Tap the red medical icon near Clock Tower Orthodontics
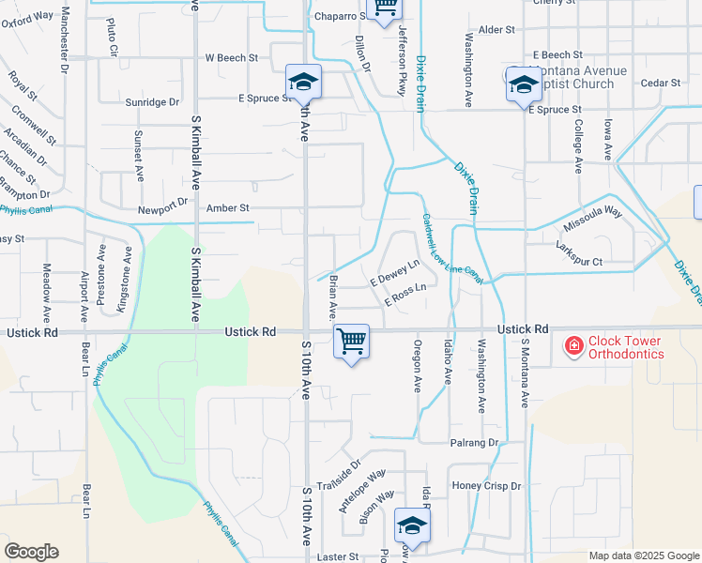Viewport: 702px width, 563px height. pos(572,347)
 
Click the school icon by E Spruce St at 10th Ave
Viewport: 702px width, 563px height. pos(303,83)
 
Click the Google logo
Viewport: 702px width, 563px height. pos(31,552)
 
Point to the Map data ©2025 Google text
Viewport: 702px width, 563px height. pos(644,555)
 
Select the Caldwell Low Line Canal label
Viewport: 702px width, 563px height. pos(451,249)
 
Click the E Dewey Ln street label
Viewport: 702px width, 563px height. pos(394,274)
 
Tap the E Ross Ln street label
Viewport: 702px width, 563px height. pos(405,293)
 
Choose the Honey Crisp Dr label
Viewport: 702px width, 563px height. pos(486,486)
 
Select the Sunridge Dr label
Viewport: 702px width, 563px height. pos(153,101)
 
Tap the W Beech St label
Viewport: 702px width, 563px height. pos(232,57)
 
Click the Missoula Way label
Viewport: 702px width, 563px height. pos(592,220)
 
